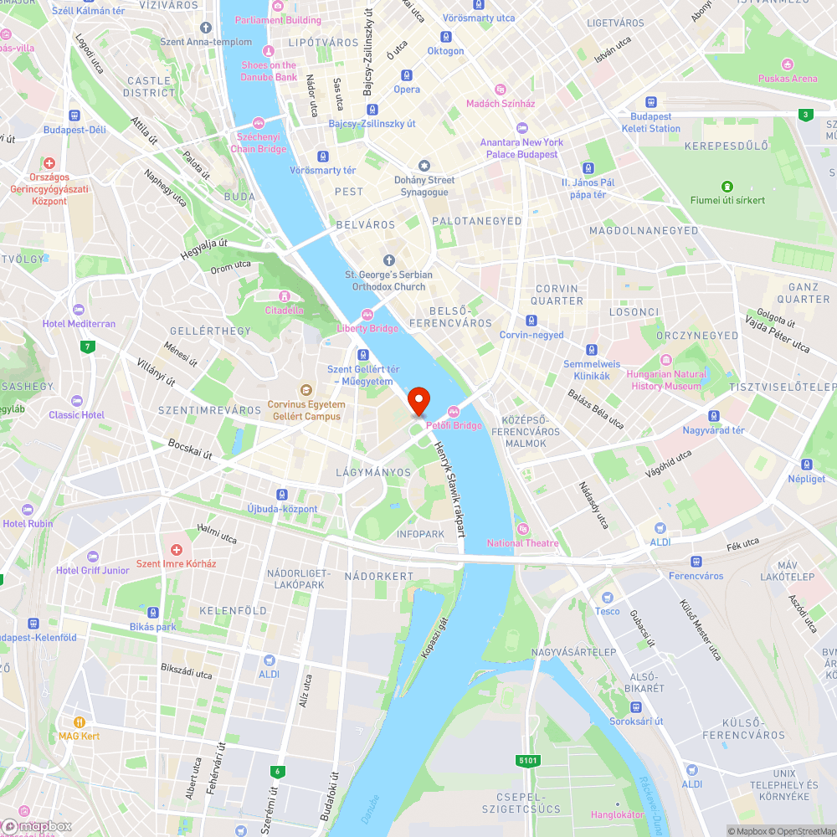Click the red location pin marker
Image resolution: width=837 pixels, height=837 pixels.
[x=418, y=401]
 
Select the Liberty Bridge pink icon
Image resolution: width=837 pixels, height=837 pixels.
[x=367, y=315]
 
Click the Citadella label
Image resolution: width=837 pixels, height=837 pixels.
[x=284, y=310]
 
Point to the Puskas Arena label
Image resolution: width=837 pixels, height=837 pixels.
[x=787, y=79]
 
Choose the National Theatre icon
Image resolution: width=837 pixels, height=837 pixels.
[x=523, y=529]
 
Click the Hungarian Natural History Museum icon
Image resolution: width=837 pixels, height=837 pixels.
[x=666, y=360]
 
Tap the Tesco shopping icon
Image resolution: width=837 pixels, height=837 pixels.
[x=608, y=598]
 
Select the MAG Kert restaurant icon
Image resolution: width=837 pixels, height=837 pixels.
[x=80, y=721]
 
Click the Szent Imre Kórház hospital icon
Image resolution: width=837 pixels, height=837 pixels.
[x=176, y=550]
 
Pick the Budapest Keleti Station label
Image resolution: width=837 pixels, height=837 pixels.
[x=651, y=123]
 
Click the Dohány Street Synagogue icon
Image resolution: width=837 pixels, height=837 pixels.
[x=424, y=166]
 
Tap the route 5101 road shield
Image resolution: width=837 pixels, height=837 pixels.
[x=526, y=760]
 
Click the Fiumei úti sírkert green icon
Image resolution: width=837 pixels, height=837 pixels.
[x=727, y=186]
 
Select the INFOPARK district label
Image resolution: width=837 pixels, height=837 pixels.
[x=420, y=534]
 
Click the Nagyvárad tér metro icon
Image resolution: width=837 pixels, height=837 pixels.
[x=714, y=416]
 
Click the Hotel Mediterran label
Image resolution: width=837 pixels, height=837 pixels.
[x=79, y=323]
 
